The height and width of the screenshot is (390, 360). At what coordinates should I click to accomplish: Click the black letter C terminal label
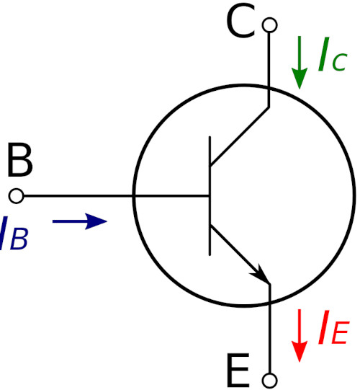[241, 22]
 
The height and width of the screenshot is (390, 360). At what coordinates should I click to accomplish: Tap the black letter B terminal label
[20, 160]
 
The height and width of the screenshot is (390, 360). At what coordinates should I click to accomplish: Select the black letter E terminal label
[238, 370]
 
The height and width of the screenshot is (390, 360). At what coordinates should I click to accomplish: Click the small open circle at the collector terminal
[269, 25]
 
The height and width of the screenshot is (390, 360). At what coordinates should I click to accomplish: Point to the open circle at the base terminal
[16, 196]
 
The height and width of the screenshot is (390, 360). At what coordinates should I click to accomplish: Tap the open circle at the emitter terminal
[269, 381]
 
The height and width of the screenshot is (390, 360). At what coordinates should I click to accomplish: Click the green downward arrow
[300, 63]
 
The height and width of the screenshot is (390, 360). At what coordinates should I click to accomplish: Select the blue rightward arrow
[80, 221]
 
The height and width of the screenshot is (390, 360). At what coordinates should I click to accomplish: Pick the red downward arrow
[300, 335]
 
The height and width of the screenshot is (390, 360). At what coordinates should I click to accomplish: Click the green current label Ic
[333, 55]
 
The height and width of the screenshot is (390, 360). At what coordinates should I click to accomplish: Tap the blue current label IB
[13, 233]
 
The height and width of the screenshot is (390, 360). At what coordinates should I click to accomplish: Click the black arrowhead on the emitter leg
[261, 275]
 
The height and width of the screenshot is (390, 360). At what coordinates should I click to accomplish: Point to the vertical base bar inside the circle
[210, 196]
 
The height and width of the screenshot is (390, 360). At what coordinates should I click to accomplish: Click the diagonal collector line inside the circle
[240, 136]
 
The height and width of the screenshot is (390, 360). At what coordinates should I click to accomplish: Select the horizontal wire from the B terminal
[116, 196]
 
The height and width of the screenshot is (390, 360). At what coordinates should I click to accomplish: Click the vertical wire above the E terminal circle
[269, 328]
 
